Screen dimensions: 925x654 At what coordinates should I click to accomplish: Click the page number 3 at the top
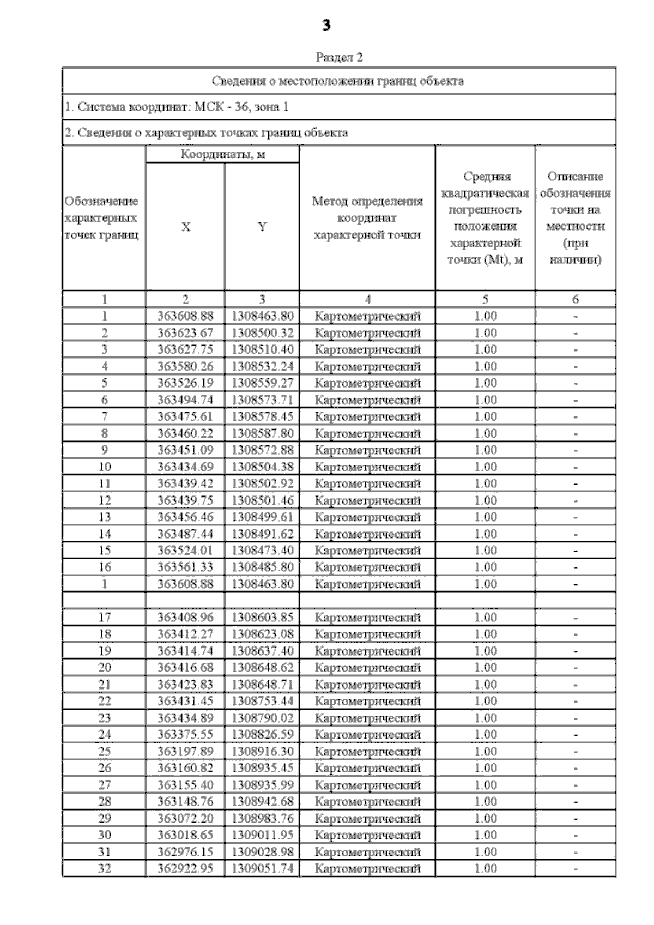tap(326, 25)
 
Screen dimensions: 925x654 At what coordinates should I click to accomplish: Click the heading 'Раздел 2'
tap(339, 57)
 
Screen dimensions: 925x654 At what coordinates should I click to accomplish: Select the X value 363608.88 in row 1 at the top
tap(185, 316)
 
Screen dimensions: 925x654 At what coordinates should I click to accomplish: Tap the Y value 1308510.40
tap(262, 349)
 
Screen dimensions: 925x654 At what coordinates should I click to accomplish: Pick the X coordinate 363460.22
tap(185, 433)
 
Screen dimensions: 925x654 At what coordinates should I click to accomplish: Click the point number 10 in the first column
tap(104, 467)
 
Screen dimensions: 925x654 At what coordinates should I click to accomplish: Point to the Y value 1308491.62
tap(262, 534)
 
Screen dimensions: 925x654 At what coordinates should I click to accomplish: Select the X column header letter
tap(185, 227)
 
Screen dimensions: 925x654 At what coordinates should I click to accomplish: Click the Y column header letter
tap(262, 227)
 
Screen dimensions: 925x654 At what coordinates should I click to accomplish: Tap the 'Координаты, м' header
tap(222, 154)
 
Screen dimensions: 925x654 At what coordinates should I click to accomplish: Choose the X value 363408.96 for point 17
tap(185, 617)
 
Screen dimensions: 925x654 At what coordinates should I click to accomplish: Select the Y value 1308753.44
tap(262, 701)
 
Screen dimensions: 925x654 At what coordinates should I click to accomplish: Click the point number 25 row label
tap(104, 751)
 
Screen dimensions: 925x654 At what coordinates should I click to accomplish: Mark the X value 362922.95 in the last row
tap(185, 868)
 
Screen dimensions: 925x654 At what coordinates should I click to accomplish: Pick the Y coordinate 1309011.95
tap(262, 835)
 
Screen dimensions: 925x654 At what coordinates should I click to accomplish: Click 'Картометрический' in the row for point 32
tap(368, 868)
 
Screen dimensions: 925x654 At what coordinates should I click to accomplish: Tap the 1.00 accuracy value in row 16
tap(485, 567)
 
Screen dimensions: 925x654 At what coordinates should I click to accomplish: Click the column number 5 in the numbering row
tap(485, 299)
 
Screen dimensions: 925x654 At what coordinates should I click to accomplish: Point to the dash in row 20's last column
tap(576, 668)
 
